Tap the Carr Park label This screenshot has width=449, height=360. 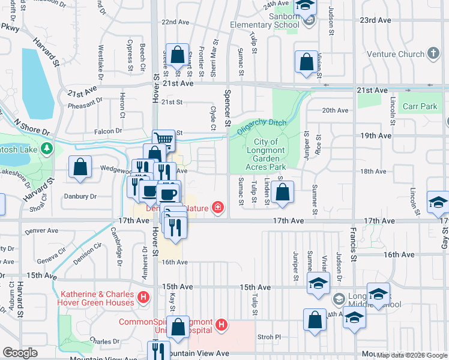click(421, 106)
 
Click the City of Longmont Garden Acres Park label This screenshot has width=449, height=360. click(265, 154)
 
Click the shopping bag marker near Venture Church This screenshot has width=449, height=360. click(306, 62)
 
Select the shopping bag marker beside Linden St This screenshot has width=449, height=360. click(282, 193)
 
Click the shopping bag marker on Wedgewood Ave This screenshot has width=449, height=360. click(80, 167)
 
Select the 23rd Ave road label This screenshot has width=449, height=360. click(375, 20)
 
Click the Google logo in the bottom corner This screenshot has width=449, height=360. click(20, 352)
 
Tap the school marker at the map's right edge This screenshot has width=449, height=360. click(438, 203)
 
